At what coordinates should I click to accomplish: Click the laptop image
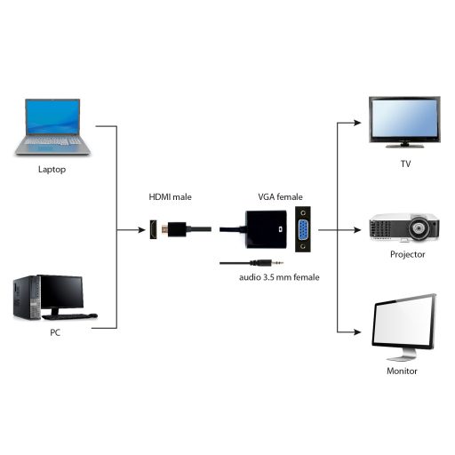pos(52,126)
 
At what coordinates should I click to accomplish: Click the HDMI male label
pos(172,196)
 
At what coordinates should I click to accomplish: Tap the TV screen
pos(404,118)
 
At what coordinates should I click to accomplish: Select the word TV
pos(405,164)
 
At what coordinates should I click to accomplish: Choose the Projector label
pos(408,254)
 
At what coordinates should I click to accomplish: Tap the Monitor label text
pos(402,371)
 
